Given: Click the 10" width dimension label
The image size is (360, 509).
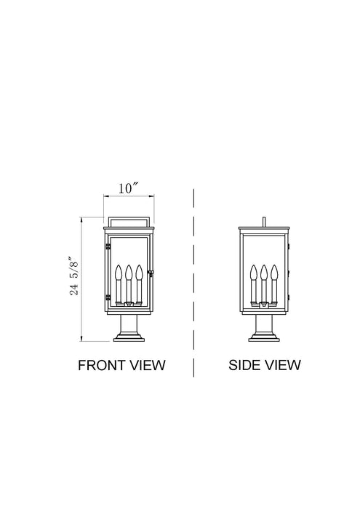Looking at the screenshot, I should point(129,188).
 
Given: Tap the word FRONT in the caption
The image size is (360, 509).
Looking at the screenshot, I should point(103,364).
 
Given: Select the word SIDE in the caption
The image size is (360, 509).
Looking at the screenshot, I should point(244,364).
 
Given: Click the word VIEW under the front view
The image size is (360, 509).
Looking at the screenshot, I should point(147,364).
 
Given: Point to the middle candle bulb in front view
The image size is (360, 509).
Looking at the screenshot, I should point(128,273).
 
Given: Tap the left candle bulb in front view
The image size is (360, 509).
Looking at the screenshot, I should point(118,273).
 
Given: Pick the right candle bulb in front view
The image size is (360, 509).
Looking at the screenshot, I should point(138,273).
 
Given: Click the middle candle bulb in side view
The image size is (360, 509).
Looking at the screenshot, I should point(264,273).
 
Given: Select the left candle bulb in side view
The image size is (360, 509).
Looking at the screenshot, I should point(254,273).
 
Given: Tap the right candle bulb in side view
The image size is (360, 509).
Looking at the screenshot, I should point(274,273).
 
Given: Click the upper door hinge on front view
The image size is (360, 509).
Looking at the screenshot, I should point(107,247).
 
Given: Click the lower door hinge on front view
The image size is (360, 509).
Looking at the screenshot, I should point(107,297).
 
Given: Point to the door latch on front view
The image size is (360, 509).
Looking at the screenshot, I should point(151,273).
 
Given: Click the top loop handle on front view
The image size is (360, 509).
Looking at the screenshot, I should point(129,220).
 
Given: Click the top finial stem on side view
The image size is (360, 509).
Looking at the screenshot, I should point(264,220).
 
